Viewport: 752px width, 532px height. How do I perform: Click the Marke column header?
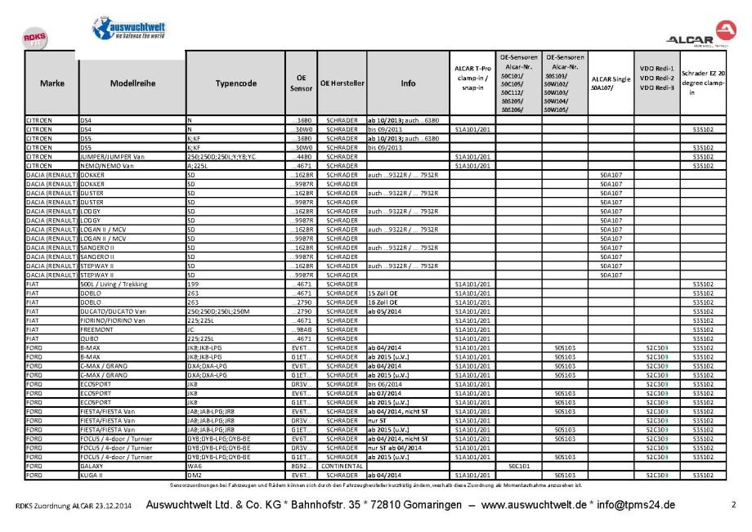coord(51,83)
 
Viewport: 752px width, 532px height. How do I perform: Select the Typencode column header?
coord(235,83)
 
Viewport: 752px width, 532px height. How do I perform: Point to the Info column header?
coord(408,83)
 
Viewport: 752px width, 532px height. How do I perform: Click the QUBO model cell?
coord(91,337)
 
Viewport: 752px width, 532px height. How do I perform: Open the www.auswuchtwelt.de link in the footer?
coord(536,507)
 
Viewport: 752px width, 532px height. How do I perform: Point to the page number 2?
coord(733,507)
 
